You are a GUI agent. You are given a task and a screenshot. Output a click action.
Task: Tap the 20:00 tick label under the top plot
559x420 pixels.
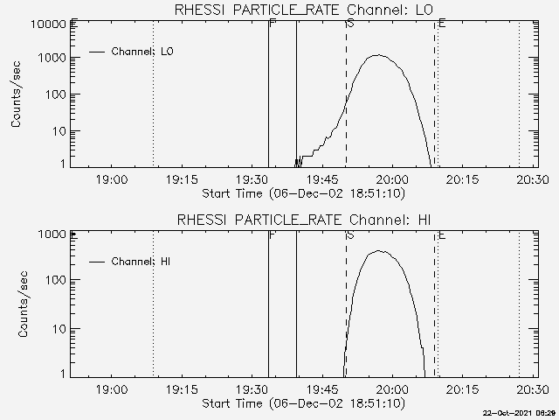[x=392, y=179]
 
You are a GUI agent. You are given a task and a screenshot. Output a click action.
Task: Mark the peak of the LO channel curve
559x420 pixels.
[x=377, y=55]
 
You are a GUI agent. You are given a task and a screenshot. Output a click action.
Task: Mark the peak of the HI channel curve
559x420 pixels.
[x=379, y=251]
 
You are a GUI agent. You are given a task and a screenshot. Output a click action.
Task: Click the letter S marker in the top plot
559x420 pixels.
[x=349, y=23]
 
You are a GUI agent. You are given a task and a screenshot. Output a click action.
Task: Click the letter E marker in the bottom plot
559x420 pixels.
[x=442, y=234]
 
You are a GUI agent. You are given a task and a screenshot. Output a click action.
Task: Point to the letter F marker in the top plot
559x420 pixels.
[x=273, y=23]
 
